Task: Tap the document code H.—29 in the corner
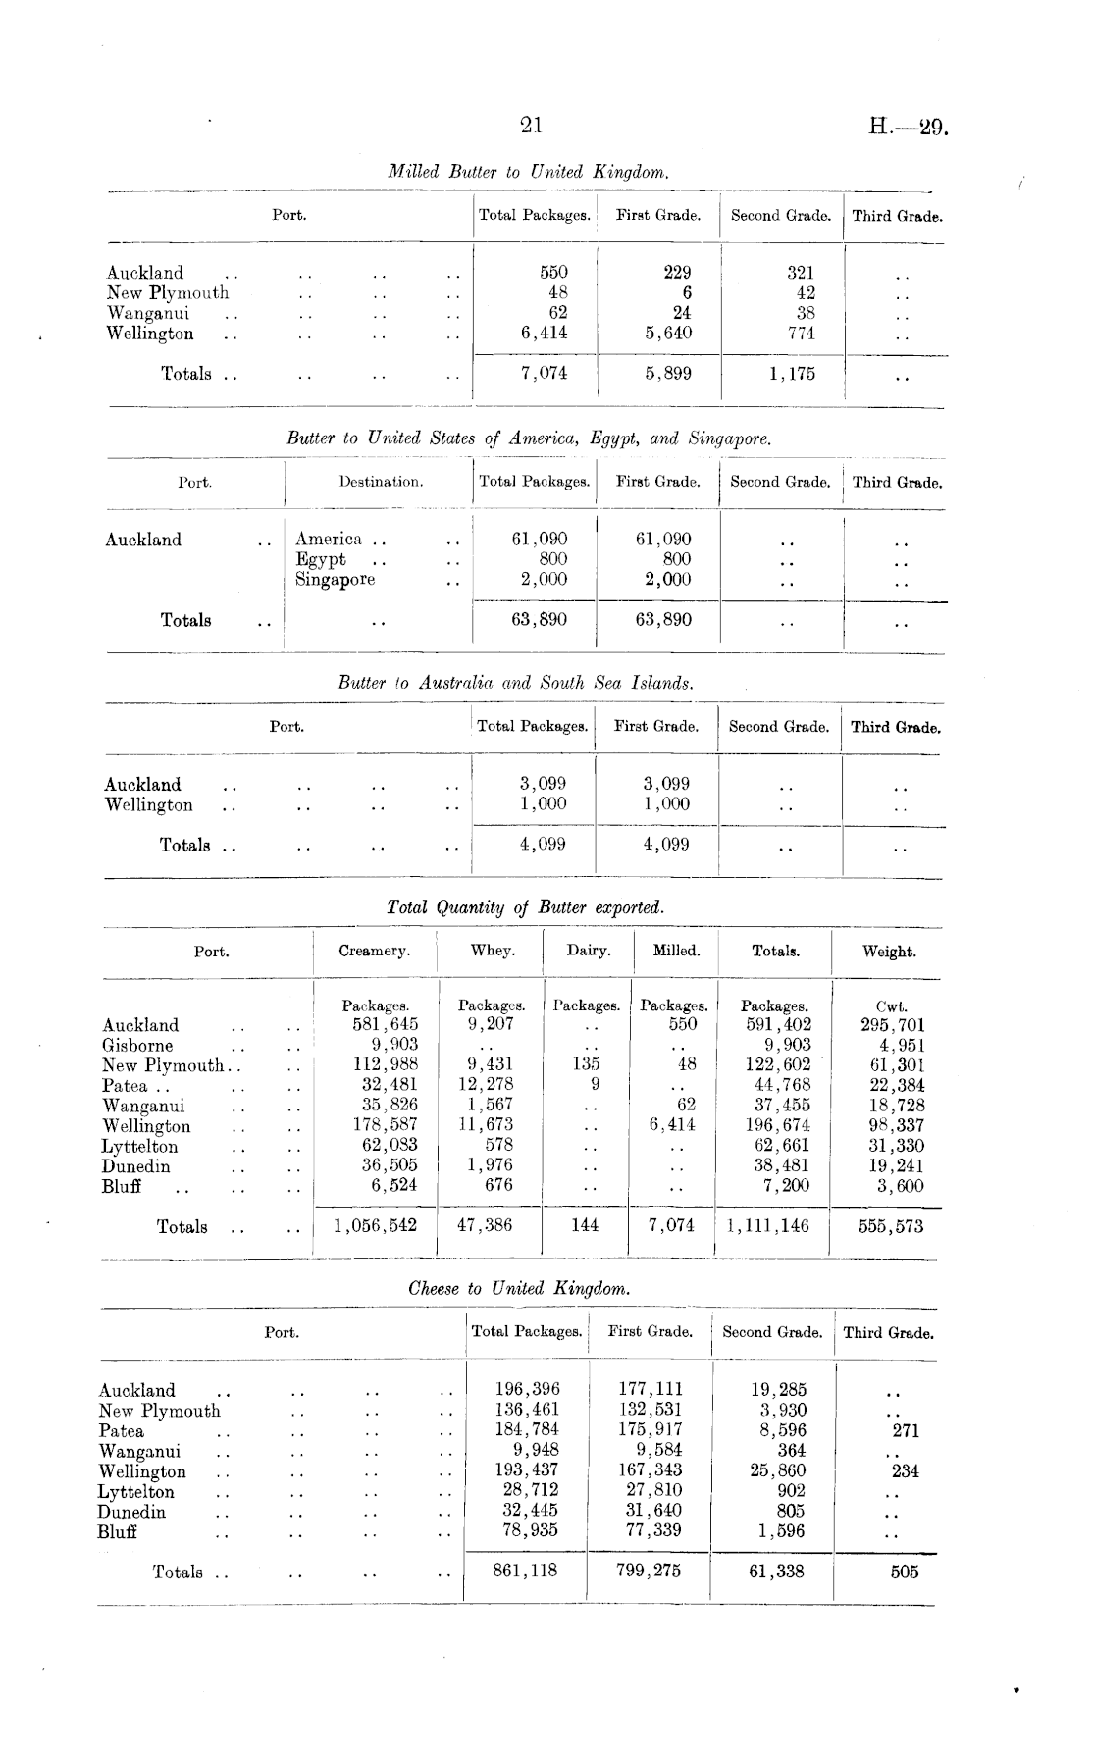pos(908,128)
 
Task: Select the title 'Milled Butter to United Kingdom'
pos(529,172)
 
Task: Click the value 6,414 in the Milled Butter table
pos(544,333)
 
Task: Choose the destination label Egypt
pos(321,559)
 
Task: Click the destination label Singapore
pos(336,579)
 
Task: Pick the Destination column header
pos(381,482)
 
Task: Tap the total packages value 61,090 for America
pos(540,539)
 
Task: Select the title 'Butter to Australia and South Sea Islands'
pos(515,683)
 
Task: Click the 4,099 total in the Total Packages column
pos(543,844)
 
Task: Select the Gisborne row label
pos(137,1045)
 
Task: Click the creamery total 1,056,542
pos(375,1225)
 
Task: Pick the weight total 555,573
pos(890,1226)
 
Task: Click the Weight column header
pos(889,952)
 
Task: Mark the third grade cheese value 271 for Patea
pos(906,1430)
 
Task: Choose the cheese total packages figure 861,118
pos(524,1571)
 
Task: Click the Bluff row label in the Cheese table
pos(117,1532)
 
